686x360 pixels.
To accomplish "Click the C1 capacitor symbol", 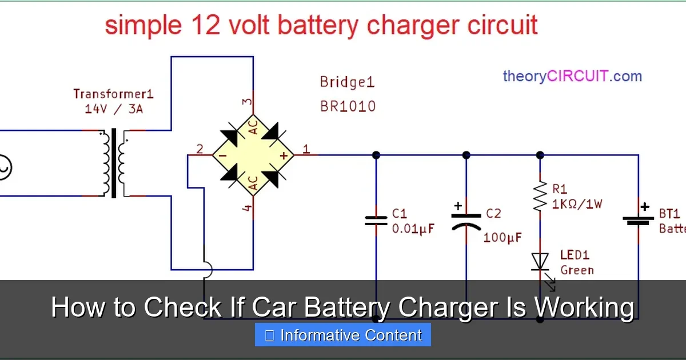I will [x=376, y=221].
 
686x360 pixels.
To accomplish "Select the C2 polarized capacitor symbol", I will [x=466, y=221].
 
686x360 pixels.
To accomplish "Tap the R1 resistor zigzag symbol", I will [x=540, y=196].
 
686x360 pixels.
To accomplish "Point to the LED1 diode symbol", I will [x=540, y=262].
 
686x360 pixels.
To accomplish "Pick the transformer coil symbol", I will [x=114, y=163].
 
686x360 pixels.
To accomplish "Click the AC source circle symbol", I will [x=5, y=168].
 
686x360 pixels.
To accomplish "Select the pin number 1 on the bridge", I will [x=306, y=150].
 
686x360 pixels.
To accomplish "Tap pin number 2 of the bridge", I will [x=200, y=150].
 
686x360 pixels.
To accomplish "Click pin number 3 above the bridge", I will [x=247, y=102].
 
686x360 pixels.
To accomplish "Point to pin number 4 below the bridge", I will [x=247, y=209].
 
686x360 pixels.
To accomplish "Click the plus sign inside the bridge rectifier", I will [x=282, y=155].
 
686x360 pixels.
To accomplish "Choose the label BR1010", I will [x=348, y=106].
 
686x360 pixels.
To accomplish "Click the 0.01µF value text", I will [x=413, y=229].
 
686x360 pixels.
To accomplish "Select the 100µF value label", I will [x=502, y=237].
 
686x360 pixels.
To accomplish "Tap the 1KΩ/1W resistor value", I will [x=577, y=203].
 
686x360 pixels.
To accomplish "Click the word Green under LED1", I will [x=577, y=270].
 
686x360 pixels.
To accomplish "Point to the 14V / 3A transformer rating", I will [x=114, y=109].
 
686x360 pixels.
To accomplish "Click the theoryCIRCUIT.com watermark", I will [x=572, y=76].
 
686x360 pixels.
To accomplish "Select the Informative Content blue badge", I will [x=342, y=335].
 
